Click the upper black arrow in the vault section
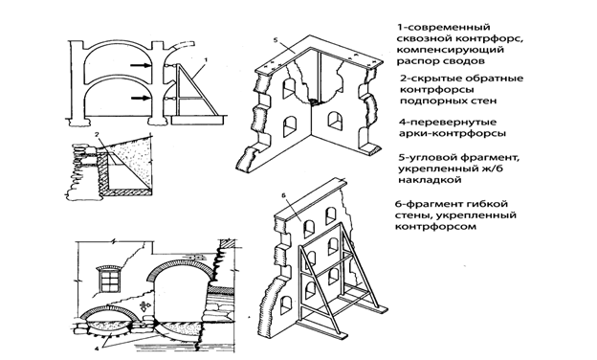[x=142, y=65]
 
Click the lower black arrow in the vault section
[x=142, y=98]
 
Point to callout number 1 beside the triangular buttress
[x=206, y=59]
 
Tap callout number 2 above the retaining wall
[x=97, y=134]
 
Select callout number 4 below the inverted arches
[x=96, y=348]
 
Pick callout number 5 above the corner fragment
[x=276, y=39]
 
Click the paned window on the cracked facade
[x=110, y=280]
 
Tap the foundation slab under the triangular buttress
[x=197, y=120]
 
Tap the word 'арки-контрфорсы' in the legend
[x=453, y=134]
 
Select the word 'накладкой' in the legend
[x=431, y=180]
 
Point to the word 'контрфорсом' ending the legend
[x=435, y=227]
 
